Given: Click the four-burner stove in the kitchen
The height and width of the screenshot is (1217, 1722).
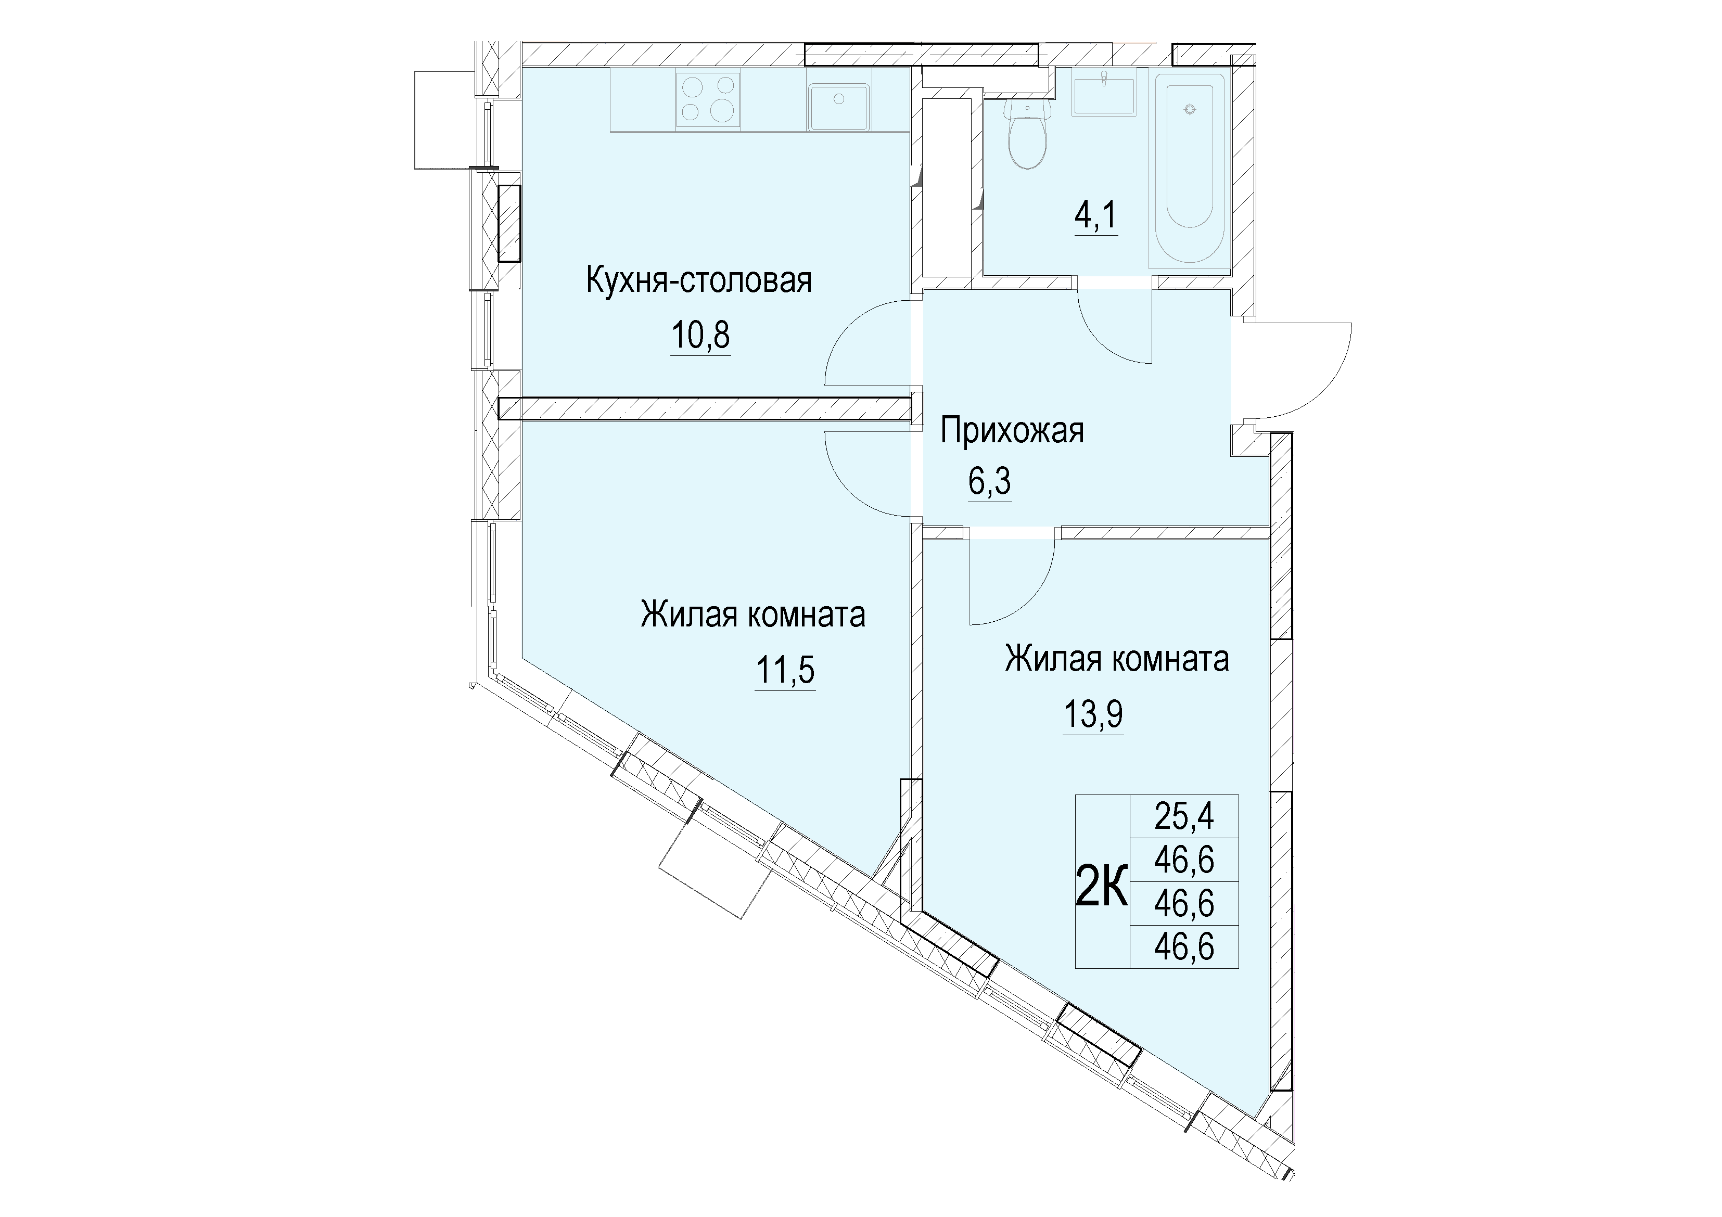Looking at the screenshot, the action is point(708,99).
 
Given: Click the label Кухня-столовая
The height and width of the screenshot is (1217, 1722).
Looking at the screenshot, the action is point(699,281).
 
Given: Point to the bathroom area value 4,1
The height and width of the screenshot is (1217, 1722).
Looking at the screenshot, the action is point(1096,216).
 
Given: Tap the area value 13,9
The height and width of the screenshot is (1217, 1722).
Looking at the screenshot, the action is point(1093,714).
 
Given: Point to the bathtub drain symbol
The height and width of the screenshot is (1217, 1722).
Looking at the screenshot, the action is point(1189,109).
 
